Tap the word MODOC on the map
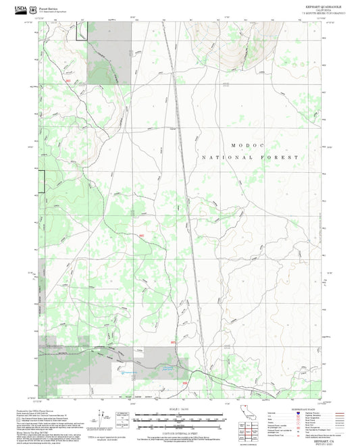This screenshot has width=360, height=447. (245, 144)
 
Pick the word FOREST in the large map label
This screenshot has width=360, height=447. (282, 157)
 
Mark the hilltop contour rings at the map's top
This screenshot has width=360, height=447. (230, 47)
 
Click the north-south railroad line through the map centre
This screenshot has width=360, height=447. (181, 169)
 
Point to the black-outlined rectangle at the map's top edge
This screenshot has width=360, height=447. (81, 30)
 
